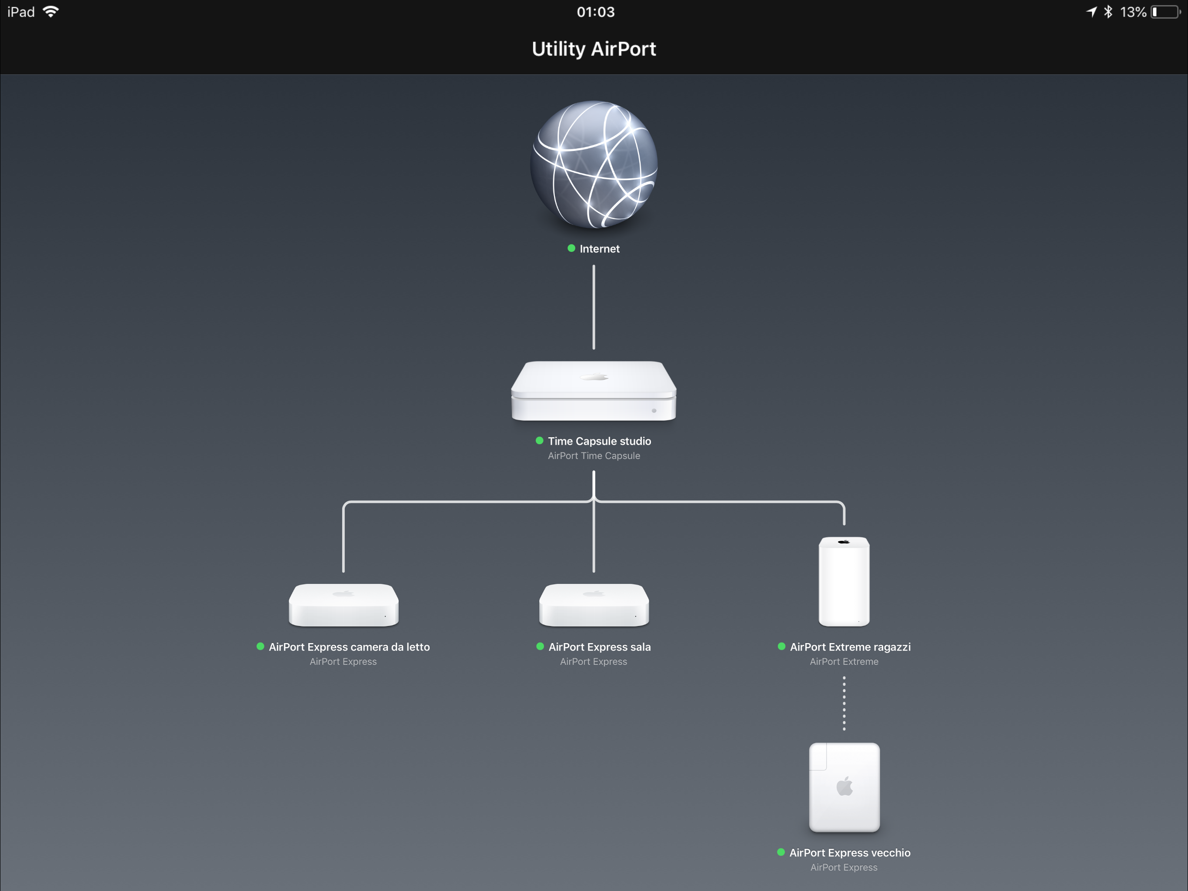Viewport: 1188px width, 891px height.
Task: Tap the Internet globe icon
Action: pyautogui.click(x=594, y=164)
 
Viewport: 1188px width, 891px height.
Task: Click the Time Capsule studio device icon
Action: pyautogui.click(x=594, y=391)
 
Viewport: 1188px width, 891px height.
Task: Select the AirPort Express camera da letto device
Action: pyautogui.click(x=344, y=605)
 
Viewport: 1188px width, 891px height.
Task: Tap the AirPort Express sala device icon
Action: pyautogui.click(x=594, y=605)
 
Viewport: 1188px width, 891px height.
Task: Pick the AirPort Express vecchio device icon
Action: pyautogui.click(x=844, y=787)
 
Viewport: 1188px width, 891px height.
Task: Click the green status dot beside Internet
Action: pyautogui.click(x=571, y=248)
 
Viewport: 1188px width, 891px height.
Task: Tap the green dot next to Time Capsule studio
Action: pyautogui.click(x=540, y=441)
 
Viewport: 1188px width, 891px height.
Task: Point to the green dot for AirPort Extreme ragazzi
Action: pyautogui.click(x=782, y=646)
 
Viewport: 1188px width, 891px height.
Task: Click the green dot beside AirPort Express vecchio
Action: pyautogui.click(x=781, y=852)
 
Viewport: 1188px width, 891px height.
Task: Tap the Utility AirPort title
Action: pyautogui.click(x=594, y=49)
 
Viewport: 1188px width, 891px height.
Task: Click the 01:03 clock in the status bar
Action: pyautogui.click(x=596, y=12)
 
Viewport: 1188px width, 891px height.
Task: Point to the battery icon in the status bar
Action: pyautogui.click(x=1166, y=12)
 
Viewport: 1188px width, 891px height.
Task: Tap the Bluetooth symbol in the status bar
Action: pyautogui.click(x=1108, y=12)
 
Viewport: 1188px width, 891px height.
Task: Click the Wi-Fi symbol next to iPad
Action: pyautogui.click(x=51, y=11)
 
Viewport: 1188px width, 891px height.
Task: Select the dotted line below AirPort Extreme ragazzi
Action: pyautogui.click(x=844, y=703)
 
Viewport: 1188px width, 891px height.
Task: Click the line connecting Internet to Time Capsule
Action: pyautogui.click(x=594, y=307)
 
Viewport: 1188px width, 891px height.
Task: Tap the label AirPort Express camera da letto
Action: pyautogui.click(x=349, y=647)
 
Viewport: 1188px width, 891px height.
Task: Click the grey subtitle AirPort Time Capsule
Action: pyautogui.click(x=594, y=456)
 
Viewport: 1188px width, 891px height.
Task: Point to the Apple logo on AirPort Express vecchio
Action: pyautogui.click(x=845, y=786)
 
